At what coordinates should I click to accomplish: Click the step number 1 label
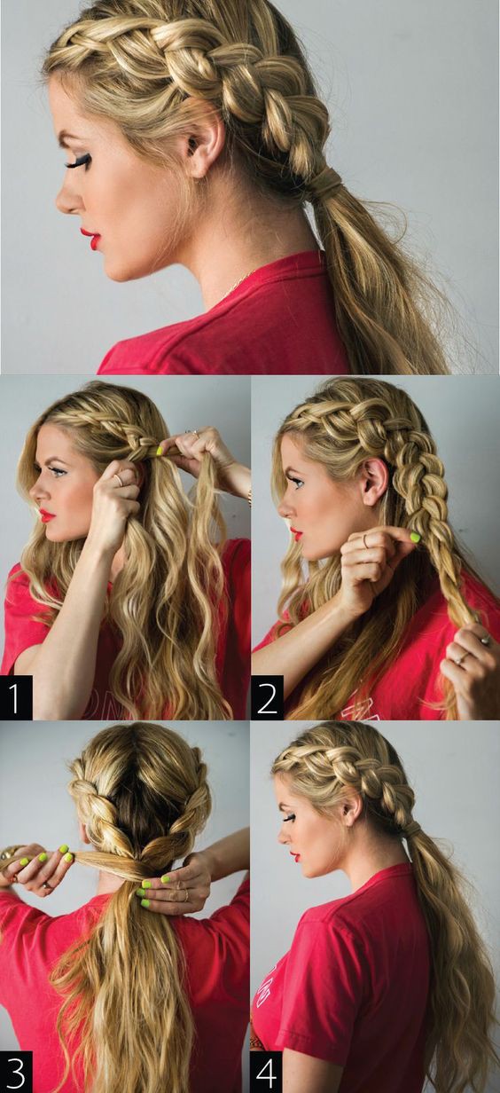(x=17, y=697)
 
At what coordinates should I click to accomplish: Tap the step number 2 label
(x=268, y=697)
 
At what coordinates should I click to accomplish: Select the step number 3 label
(x=17, y=1071)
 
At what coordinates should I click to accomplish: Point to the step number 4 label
(x=268, y=1071)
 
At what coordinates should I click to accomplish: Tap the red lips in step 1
(x=47, y=515)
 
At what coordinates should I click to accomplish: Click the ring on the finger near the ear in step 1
(x=119, y=481)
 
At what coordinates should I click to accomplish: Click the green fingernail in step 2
(x=415, y=538)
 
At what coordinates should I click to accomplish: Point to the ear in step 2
(x=375, y=481)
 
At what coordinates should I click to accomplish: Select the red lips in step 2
(x=296, y=533)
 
